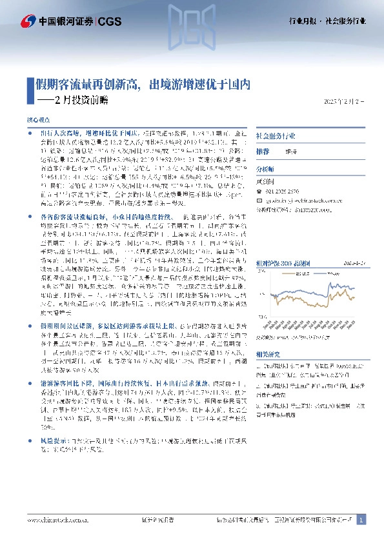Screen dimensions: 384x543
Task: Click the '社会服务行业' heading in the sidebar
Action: coord(276,137)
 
